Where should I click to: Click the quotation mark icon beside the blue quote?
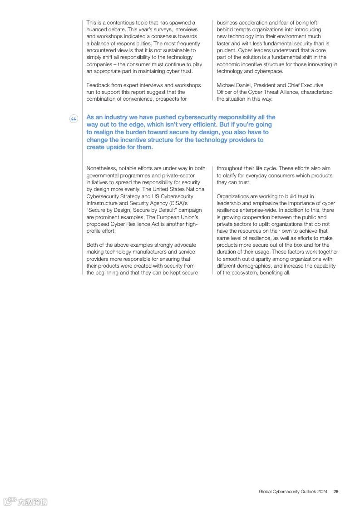click(74, 119)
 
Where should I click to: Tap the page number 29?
click(336, 491)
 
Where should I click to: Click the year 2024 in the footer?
click(322, 491)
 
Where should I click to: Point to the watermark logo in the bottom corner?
click(25, 501)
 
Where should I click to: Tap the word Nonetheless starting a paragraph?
click(101, 169)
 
